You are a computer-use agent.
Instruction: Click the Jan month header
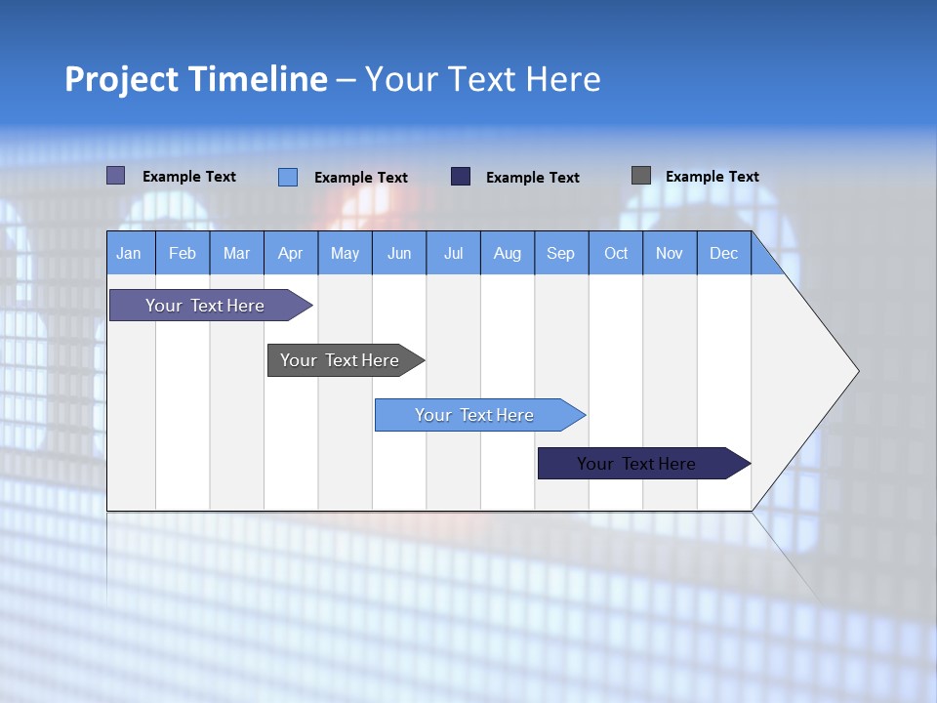(129, 253)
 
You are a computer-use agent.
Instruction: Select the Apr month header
(290, 253)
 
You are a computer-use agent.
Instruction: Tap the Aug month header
(507, 253)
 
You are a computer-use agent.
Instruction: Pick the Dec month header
(723, 253)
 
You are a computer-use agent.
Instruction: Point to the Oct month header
(615, 253)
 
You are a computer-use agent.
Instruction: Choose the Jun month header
(398, 253)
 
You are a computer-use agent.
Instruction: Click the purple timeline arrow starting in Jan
(205, 306)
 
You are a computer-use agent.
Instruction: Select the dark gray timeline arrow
(340, 360)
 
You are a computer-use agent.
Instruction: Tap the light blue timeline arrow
(474, 415)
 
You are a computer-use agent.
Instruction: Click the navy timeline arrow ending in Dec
(636, 464)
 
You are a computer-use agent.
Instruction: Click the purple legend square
(115, 176)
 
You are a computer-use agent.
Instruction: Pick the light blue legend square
(288, 177)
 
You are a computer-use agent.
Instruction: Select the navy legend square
(461, 177)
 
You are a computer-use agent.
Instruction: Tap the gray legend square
(641, 176)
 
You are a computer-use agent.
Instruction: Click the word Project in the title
(121, 79)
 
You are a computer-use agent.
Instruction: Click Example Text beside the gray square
(712, 177)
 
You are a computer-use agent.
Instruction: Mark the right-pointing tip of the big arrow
(856, 371)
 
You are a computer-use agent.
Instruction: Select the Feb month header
(183, 253)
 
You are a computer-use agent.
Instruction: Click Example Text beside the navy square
(532, 178)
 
